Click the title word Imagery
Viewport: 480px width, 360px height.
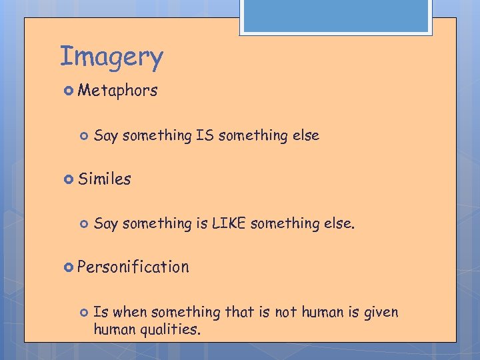111,57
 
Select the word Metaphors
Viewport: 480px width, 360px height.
117,91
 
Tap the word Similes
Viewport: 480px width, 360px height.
104,179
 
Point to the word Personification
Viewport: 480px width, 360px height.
133,267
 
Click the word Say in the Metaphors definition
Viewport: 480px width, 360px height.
106,136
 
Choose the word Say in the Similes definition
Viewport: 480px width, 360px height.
106,224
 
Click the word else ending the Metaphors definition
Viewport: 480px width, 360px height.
305,135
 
